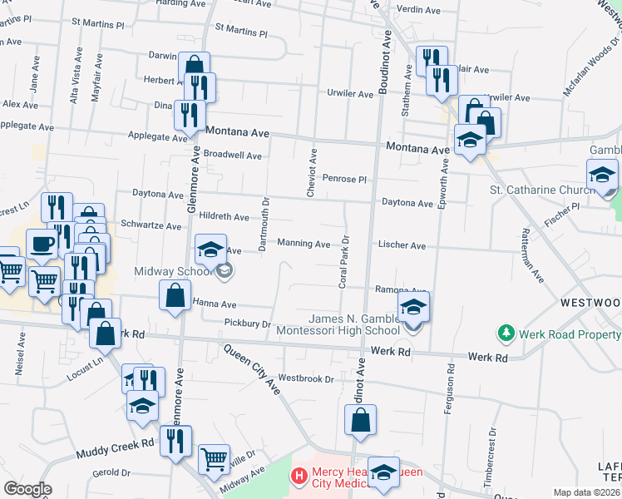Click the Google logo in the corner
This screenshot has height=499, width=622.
pos(27,489)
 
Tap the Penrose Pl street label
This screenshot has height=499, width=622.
pos(344,179)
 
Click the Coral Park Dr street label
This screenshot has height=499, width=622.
pos(343,267)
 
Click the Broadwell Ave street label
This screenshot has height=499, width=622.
pos(233,156)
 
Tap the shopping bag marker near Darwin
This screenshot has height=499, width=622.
pos(194,67)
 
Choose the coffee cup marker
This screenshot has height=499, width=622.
pos(42,245)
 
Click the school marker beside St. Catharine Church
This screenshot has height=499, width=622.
pos(602,175)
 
